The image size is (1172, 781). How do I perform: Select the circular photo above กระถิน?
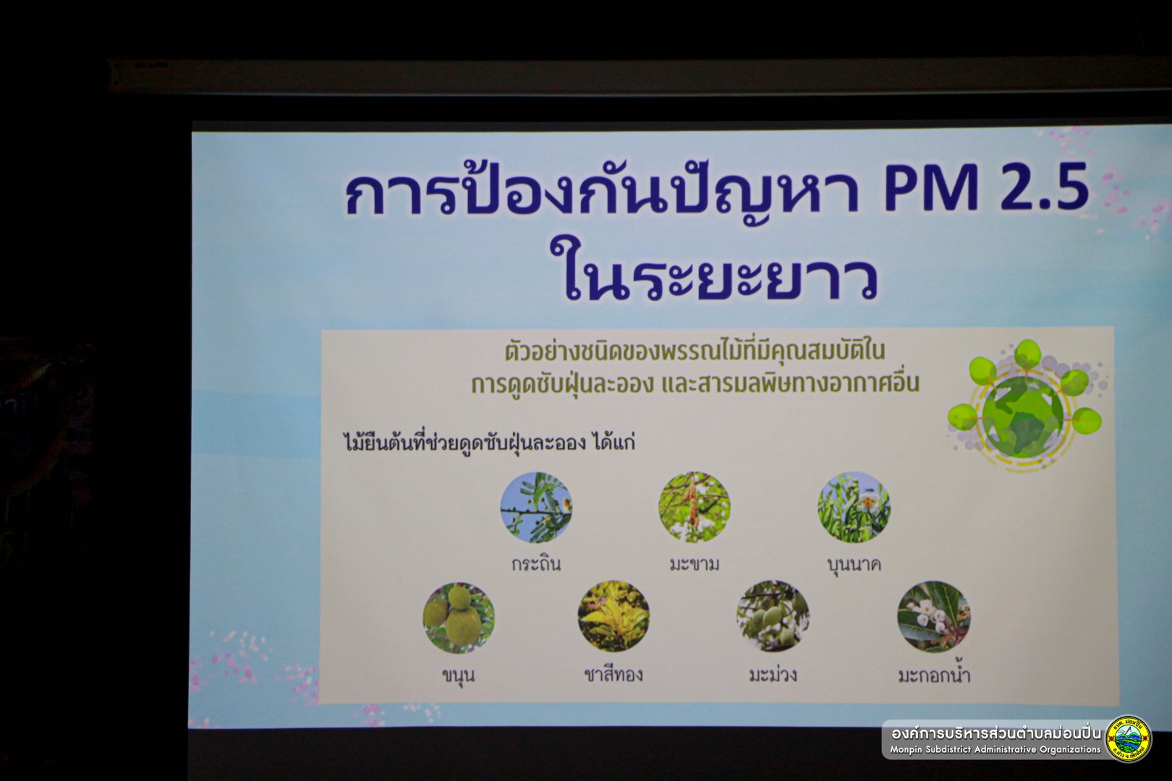536,507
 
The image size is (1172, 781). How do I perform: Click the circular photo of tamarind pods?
695,507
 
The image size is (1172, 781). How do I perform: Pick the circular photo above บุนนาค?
854,507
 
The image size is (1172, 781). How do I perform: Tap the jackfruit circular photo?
459,618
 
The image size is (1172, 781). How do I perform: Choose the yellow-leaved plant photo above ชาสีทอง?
613,615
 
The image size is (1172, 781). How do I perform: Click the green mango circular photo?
773,615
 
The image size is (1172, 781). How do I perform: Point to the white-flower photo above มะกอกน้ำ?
934,617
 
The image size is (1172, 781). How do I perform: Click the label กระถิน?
536,564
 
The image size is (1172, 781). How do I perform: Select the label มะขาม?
695,564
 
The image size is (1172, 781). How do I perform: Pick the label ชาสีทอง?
613,674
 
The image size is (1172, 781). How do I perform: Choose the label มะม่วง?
773,674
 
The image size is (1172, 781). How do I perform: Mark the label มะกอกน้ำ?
935,674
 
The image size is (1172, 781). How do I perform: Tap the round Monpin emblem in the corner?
1129,738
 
